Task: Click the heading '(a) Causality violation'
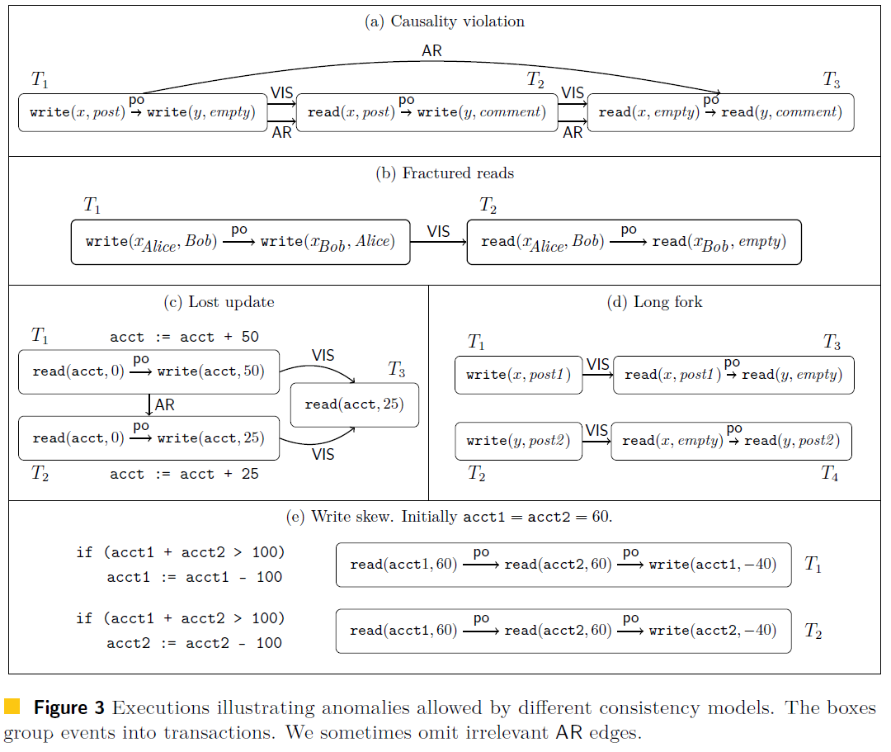445,21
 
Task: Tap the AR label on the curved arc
431,50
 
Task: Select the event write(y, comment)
481,112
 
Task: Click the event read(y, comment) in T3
781,112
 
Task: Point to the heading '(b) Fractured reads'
445,173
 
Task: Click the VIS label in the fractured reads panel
438,231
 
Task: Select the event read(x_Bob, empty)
719,243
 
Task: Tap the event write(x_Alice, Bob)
152,243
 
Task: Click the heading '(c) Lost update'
219,302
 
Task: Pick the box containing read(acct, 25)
355,404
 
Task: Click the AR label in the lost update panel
165,404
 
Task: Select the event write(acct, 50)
211,371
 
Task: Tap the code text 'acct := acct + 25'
184,474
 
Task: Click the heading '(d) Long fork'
654,302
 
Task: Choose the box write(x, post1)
519,375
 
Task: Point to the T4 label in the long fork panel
830,473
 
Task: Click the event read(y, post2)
792,441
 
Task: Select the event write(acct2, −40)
713,631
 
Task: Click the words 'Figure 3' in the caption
68,707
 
